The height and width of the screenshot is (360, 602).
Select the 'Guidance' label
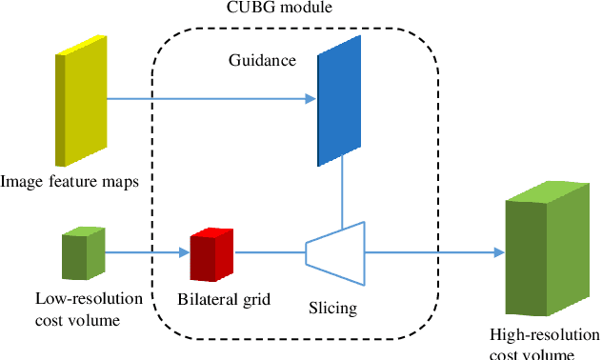tap(262, 61)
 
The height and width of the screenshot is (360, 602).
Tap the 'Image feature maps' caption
tap(70, 182)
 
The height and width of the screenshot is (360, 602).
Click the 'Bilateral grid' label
tap(225, 300)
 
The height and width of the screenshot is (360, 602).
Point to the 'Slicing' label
tap(332, 308)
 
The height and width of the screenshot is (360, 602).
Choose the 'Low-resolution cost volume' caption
tap(89, 309)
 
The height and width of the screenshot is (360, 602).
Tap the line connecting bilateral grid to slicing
tap(270, 252)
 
